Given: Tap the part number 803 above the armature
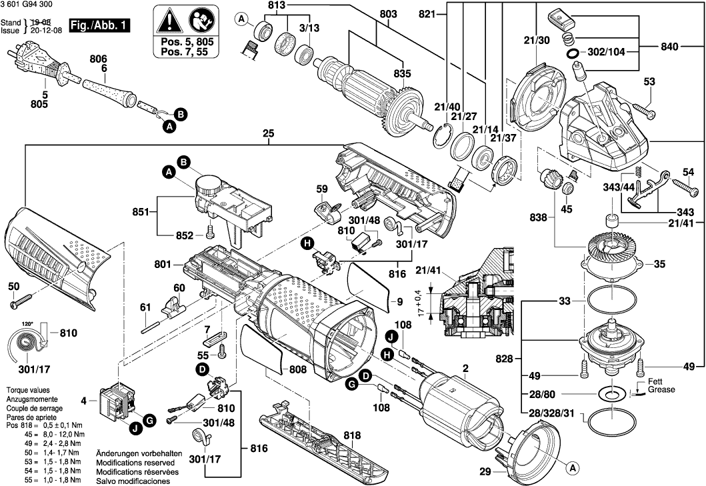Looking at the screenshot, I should [388, 13].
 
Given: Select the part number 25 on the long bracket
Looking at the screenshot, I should [269, 134].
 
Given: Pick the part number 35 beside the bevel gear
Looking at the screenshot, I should [659, 265].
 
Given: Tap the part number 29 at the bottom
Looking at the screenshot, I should [485, 473].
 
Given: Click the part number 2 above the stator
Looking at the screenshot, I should [465, 368].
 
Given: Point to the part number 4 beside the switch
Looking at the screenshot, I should [84, 401].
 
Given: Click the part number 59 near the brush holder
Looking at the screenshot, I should [322, 189].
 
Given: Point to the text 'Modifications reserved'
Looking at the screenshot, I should [135, 462].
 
